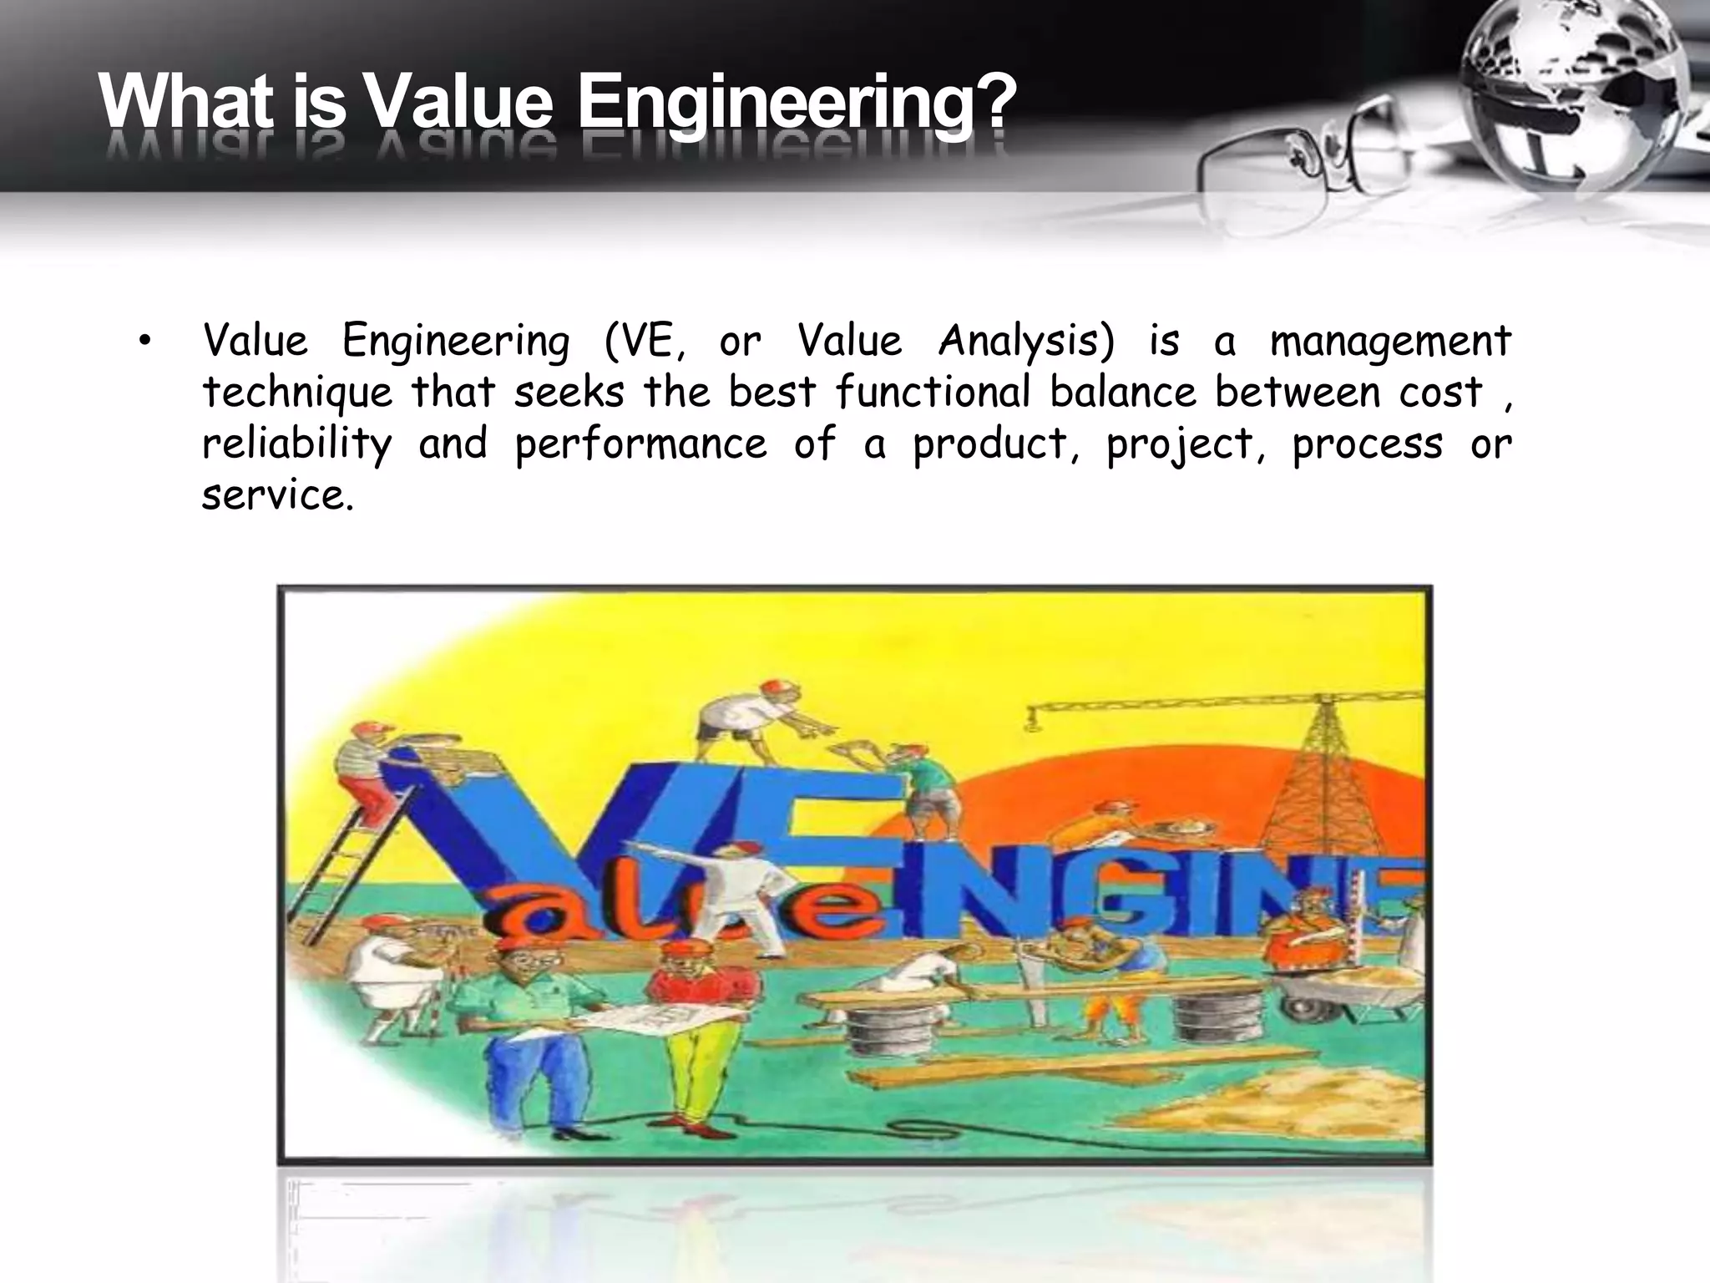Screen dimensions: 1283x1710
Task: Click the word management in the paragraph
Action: point(1390,342)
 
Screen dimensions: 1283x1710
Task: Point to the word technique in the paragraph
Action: point(296,393)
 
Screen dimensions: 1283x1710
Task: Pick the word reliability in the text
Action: point(296,444)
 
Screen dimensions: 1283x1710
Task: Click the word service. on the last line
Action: point(278,495)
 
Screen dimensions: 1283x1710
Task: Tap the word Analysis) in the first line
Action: point(1026,342)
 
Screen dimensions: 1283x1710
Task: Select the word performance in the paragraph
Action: point(640,444)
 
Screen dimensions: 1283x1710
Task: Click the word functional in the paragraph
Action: point(933,393)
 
